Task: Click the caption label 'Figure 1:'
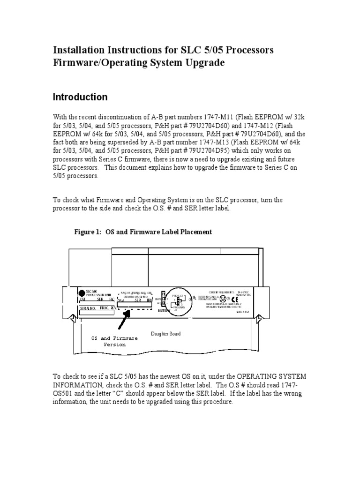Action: tap(89, 232)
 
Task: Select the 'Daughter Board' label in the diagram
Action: tap(165, 334)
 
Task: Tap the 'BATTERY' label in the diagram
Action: tap(164, 310)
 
